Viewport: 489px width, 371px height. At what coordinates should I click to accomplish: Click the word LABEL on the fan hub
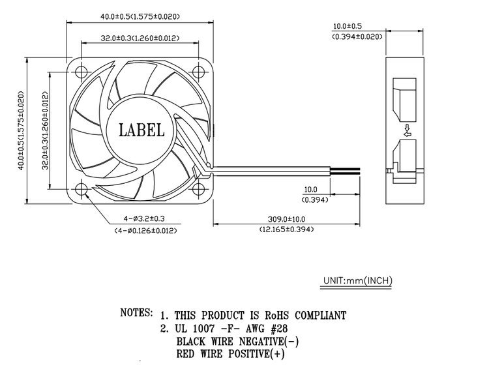pos(141,130)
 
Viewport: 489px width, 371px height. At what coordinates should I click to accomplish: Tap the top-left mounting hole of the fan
pos(81,72)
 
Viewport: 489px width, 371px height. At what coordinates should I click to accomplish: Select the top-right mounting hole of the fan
pos(198,72)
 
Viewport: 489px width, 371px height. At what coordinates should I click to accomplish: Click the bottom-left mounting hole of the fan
pos(81,189)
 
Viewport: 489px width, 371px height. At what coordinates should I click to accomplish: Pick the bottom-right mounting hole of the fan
pos(198,189)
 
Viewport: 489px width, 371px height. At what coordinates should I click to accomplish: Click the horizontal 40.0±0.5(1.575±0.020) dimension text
pos(140,16)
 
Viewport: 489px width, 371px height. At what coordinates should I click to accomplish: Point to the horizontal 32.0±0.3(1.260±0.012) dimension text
pos(140,38)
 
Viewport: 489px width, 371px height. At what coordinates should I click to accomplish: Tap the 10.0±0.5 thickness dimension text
pos(348,26)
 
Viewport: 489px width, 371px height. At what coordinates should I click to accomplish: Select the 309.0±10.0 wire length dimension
pos(286,220)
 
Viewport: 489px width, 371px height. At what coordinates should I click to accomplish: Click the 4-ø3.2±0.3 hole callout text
pos(144,218)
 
